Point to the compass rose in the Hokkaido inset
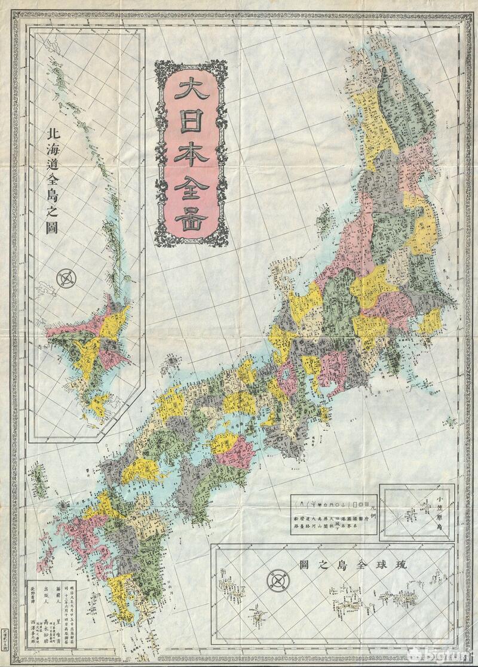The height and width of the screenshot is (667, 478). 67,278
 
